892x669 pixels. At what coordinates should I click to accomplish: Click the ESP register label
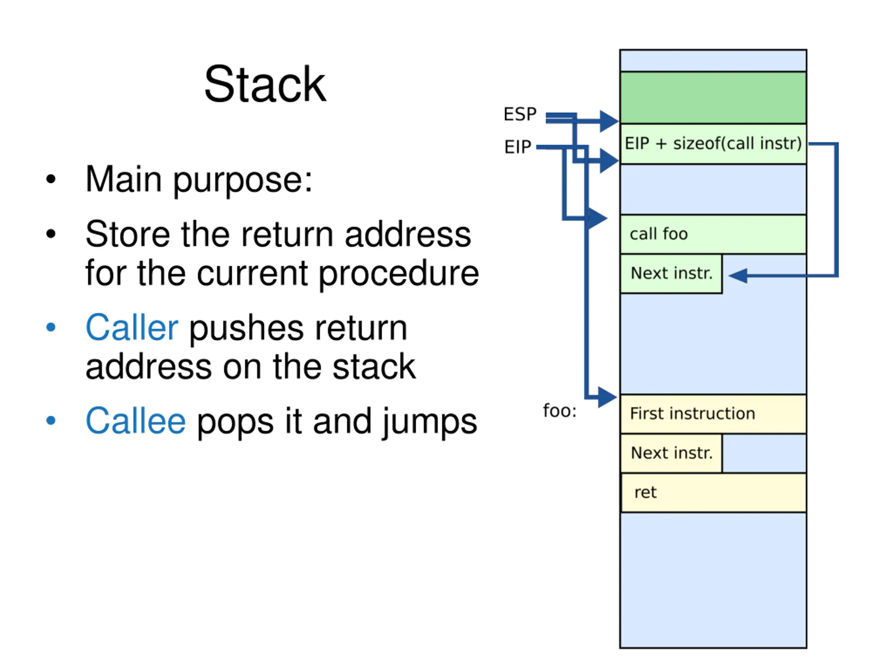tap(520, 114)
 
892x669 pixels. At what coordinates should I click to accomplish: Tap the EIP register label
tap(518, 147)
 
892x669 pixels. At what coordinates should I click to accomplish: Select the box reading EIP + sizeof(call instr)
tap(713, 144)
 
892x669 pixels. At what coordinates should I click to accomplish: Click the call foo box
tap(713, 234)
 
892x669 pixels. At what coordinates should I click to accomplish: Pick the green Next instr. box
tap(671, 274)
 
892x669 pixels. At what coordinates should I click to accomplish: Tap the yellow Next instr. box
tap(671, 453)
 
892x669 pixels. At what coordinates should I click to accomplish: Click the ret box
tap(713, 493)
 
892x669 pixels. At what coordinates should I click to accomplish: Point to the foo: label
tap(560, 411)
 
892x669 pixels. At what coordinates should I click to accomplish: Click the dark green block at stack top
tap(713, 98)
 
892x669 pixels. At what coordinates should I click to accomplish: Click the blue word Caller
tap(132, 327)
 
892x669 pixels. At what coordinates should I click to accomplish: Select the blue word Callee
tap(136, 421)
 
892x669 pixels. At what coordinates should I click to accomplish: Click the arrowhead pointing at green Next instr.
tap(738, 276)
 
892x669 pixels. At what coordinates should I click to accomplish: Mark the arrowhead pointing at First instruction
tap(607, 397)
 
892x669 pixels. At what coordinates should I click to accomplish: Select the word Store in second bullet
tap(128, 234)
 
